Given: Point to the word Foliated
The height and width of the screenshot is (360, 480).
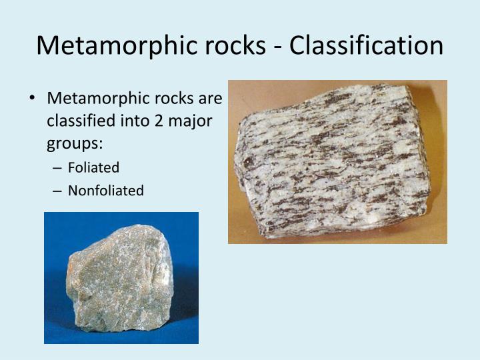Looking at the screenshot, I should point(93,167).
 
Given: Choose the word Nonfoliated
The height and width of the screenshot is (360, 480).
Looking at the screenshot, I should point(105,190).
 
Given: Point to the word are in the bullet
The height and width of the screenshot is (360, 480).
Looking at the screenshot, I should point(210,99).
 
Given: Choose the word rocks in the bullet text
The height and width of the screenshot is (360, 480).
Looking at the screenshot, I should point(171,99).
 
